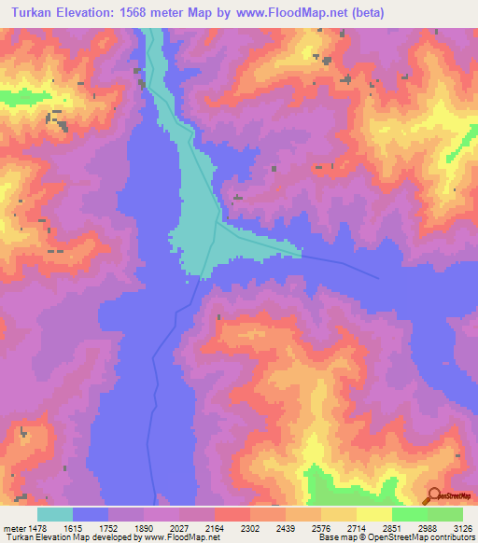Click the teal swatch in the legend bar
click(55, 515)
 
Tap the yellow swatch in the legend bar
click(374, 515)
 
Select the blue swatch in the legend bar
click(91, 515)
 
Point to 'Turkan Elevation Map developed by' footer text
click(69, 537)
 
